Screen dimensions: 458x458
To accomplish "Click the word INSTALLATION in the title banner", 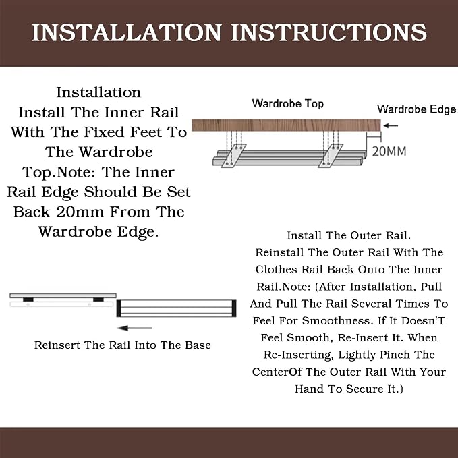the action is pyautogui.click(x=126, y=32).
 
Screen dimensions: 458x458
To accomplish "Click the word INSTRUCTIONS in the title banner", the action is pyautogui.click(x=329, y=32).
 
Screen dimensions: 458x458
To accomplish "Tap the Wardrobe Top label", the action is pyautogui.click(x=288, y=103).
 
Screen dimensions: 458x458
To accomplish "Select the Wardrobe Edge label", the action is pyautogui.click(x=417, y=109).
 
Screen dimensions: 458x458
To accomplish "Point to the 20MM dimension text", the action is pyautogui.click(x=389, y=151).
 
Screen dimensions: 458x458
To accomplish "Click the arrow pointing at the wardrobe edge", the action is pyautogui.click(x=391, y=125).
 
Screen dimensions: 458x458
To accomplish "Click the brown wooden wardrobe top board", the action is pyautogui.click(x=286, y=125).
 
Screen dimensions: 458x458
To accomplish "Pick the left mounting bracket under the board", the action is pyautogui.click(x=233, y=156).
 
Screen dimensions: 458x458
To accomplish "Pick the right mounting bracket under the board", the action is pyautogui.click(x=331, y=156).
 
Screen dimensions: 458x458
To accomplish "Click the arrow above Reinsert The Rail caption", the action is pyautogui.click(x=134, y=328).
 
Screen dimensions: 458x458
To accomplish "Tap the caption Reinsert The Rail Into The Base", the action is pyautogui.click(x=122, y=345).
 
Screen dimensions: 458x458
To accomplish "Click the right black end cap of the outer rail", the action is pyautogui.click(x=234, y=308).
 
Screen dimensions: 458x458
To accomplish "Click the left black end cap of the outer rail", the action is pyautogui.click(x=119, y=308).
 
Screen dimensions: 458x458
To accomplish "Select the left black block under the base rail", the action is pyautogui.click(x=28, y=299).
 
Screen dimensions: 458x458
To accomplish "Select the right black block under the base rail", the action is pyautogui.click(x=98, y=299).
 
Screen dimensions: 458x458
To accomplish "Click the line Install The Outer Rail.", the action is pyautogui.click(x=349, y=235).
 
